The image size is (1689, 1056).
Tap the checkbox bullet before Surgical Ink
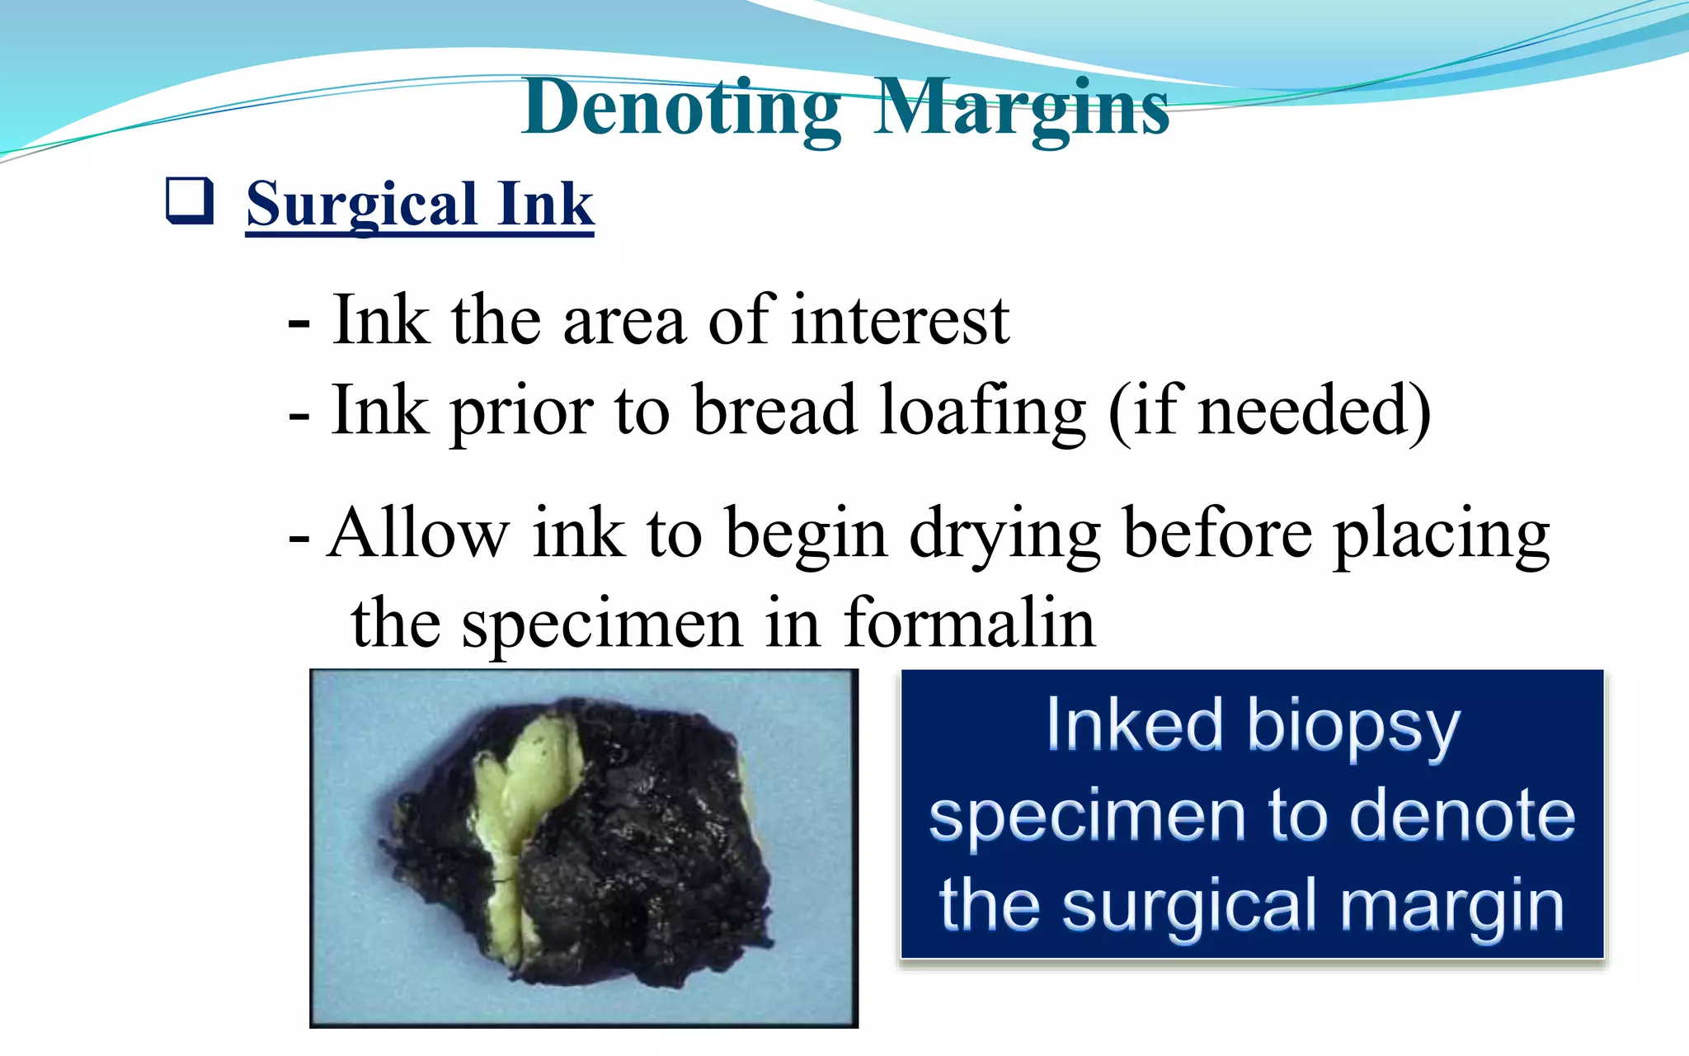coord(190,201)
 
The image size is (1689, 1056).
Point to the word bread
coord(774,410)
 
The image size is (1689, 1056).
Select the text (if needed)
coord(1269,410)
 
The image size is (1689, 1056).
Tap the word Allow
coord(418,534)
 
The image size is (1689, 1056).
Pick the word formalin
coord(969,623)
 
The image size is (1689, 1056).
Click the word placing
coord(1442,536)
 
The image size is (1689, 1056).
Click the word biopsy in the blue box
coord(1353,728)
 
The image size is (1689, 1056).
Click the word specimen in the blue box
coord(1087,817)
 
